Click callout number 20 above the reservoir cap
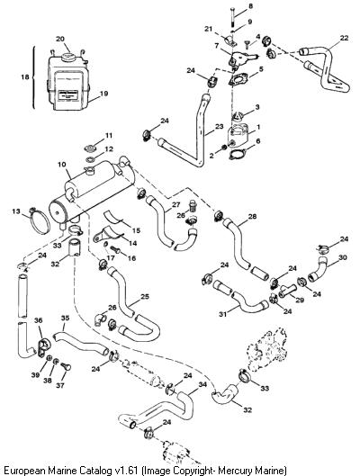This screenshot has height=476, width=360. [x=60, y=40]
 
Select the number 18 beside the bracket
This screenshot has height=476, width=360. [x=25, y=76]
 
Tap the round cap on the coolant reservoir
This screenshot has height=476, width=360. [x=67, y=56]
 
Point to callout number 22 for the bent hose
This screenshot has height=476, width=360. [x=344, y=38]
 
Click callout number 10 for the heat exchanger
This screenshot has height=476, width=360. [x=61, y=165]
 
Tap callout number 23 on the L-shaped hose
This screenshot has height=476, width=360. [x=219, y=127]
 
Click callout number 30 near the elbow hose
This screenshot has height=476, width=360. [x=343, y=257]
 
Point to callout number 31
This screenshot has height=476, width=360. [x=223, y=315]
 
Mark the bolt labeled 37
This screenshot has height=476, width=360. [x=66, y=366]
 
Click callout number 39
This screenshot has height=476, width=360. [x=35, y=375]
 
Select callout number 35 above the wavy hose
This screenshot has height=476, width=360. [x=65, y=319]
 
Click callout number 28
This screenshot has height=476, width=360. [x=252, y=216]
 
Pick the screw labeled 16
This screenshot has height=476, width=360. [x=115, y=250]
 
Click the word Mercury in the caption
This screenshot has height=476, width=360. [x=233, y=471]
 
